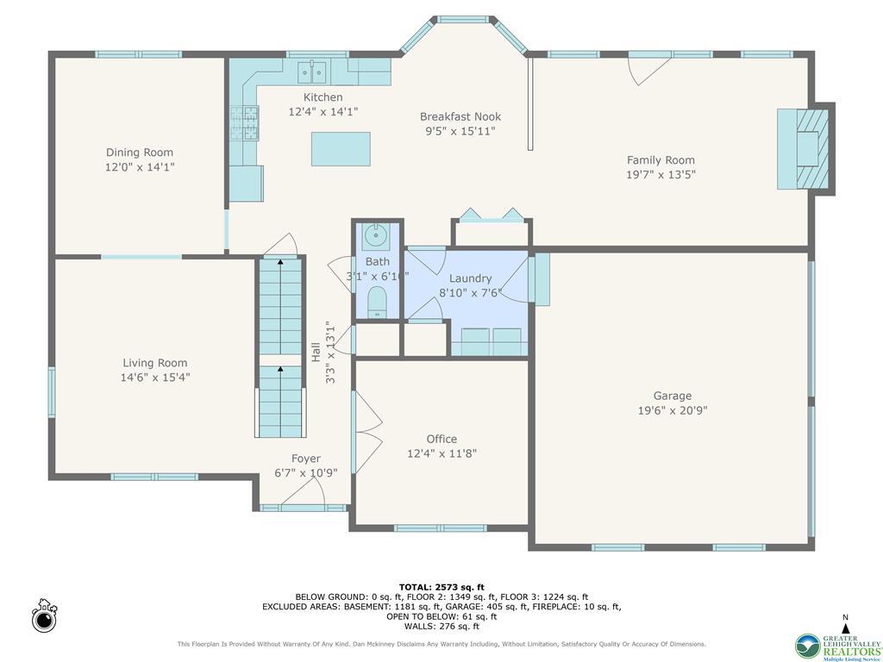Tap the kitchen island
click(341, 148)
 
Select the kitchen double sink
click(311, 71)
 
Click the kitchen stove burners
click(244, 122)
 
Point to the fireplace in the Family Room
click(805, 148)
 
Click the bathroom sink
click(377, 234)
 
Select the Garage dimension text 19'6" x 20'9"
click(672, 410)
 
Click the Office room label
click(441, 439)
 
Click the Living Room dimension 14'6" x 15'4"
click(154, 377)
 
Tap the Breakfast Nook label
click(460, 116)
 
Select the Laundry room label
click(470, 278)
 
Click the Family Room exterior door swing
click(648, 69)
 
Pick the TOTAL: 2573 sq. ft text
click(441, 587)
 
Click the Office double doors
click(366, 431)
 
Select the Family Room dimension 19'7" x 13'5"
click(661, 174)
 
